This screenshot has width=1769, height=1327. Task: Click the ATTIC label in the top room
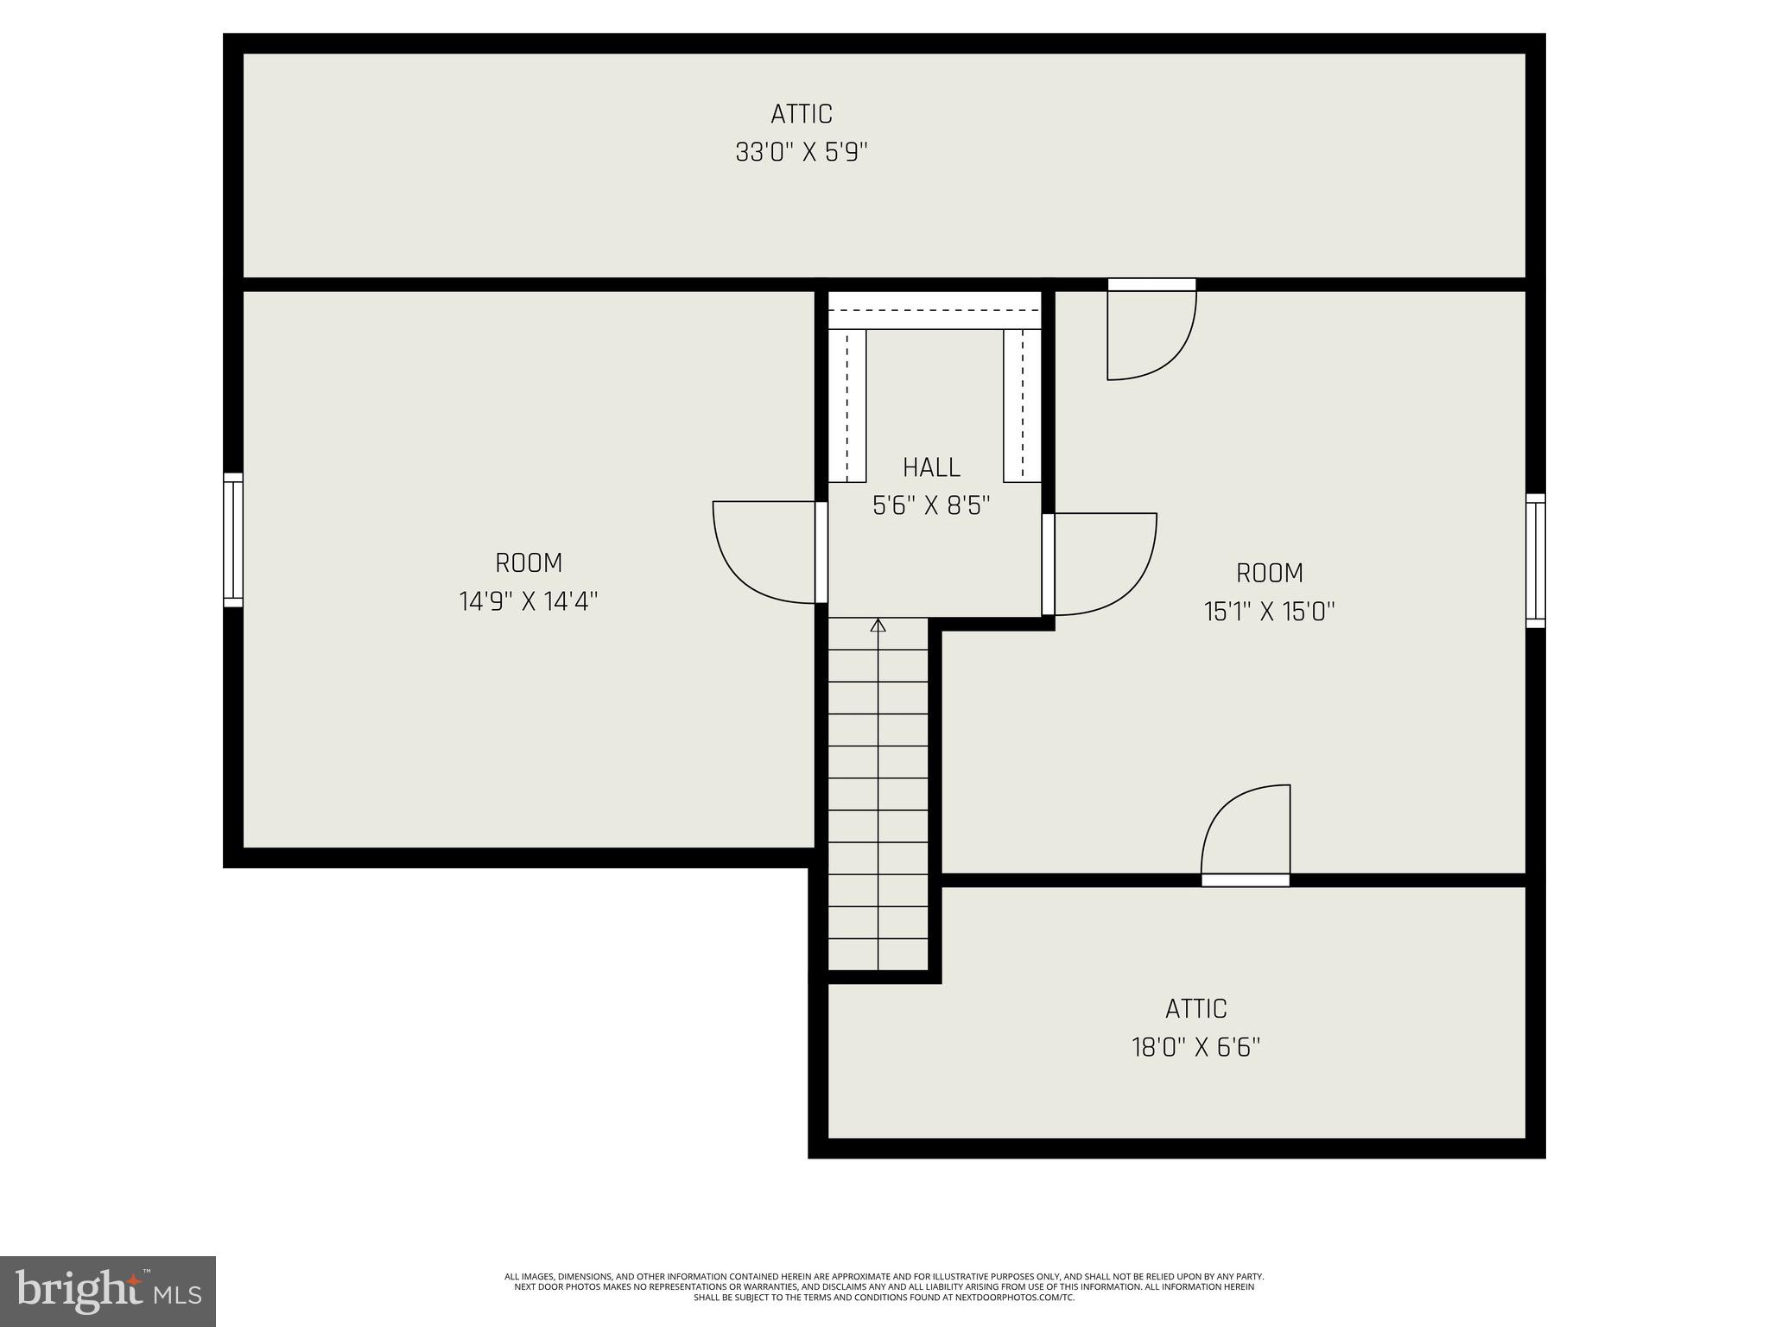802,114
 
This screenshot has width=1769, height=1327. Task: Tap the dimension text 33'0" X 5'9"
802,153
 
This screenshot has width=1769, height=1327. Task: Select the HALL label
931,467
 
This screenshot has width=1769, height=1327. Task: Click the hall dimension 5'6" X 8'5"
931,506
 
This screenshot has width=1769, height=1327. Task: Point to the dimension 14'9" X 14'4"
529,601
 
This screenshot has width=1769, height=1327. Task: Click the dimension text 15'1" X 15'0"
1269,612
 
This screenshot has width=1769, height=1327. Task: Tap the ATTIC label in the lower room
1195,1008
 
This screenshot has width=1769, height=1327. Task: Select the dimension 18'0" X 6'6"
1195,1048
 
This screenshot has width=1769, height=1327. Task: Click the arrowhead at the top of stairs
878,625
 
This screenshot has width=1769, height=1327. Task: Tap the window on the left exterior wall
232,540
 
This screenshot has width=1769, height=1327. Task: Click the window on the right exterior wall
1535,561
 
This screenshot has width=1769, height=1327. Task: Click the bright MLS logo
107,1291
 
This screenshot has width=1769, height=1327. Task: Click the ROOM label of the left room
529,563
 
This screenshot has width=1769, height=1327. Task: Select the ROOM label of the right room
1269,573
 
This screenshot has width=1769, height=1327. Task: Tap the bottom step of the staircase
878,954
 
